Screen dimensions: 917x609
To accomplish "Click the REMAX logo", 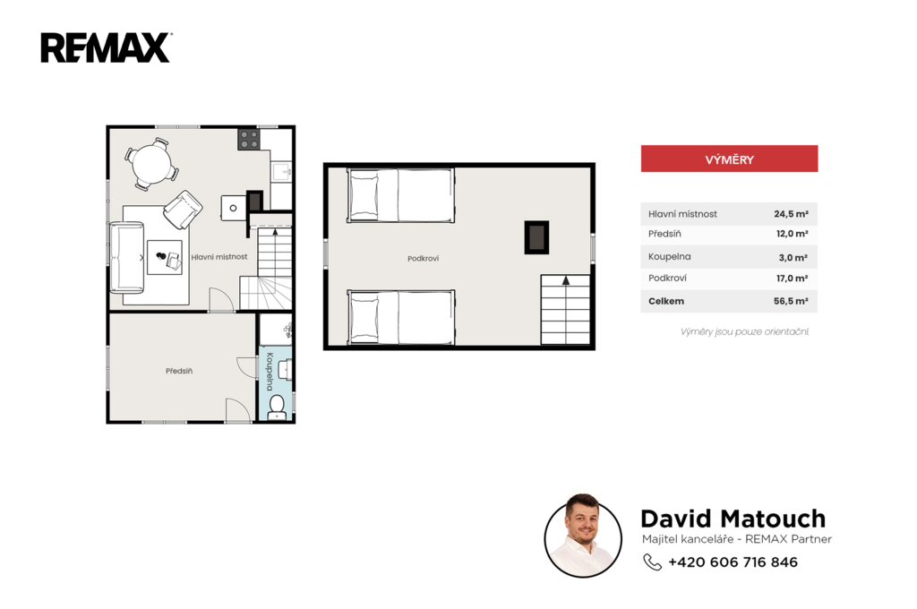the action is [106, 47].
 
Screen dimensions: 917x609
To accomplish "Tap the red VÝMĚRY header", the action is [729, 159].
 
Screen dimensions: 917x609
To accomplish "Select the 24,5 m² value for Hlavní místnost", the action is [791, 214].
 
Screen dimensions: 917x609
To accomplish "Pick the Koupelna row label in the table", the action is [669, 257].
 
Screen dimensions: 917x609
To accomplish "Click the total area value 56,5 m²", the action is [791, 301].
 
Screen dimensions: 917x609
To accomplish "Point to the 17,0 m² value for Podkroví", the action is [792, 279].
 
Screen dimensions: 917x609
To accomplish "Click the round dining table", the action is [151, 163].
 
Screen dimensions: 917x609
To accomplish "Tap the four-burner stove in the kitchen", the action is [249, 139].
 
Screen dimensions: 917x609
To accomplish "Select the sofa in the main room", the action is [127, 257].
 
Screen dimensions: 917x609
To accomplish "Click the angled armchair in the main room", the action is [183, 210].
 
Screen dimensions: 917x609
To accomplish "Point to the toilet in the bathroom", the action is [277, 407].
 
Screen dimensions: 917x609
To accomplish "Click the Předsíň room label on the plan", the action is [179, 371].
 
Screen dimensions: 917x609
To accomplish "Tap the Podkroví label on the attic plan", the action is [423, 258].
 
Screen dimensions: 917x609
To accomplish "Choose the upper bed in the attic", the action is [400, 195].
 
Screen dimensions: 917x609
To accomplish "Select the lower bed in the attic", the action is [400, 317].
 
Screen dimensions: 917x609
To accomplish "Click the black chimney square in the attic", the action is [536, 237].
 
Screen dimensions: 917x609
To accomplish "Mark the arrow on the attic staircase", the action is [566, 281].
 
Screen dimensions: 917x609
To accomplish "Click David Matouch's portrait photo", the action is [583, 536].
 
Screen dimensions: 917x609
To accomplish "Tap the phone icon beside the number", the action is [652, 562].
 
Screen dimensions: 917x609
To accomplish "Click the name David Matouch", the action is [733, 519].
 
